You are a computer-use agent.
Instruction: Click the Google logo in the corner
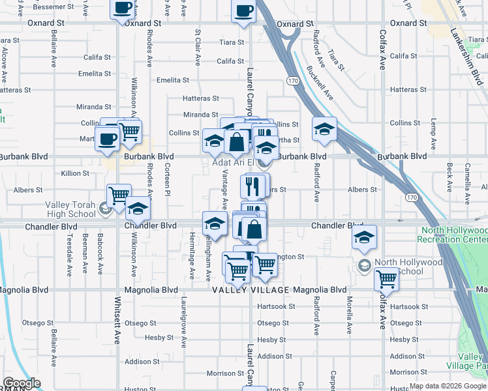(x=21, y=383)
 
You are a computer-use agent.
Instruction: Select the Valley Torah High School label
(x=70, y=209)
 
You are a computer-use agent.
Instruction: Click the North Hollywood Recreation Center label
(x=455, y=235)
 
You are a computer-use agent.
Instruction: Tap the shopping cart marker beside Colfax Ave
(x=387, y=278)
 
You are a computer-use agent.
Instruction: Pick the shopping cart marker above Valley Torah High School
(x=119, y=195)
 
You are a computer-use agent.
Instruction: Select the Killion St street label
(x=75, y=173)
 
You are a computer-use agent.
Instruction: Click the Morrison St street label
(x=225, y=373)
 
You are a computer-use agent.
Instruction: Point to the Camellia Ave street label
(x=467, y=179)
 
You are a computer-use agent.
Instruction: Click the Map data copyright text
(x=446, y=386)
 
